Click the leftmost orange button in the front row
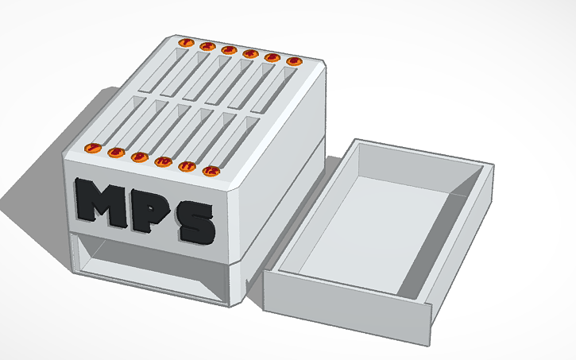[x=92, y=148]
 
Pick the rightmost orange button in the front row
[x=211, y=170]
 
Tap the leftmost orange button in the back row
[x=187, y=42]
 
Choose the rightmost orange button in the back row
[x=294, y=60]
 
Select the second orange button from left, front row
[x=116, y=152]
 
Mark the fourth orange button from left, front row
[x=164, y=161]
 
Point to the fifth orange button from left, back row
[x=273, y=56]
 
